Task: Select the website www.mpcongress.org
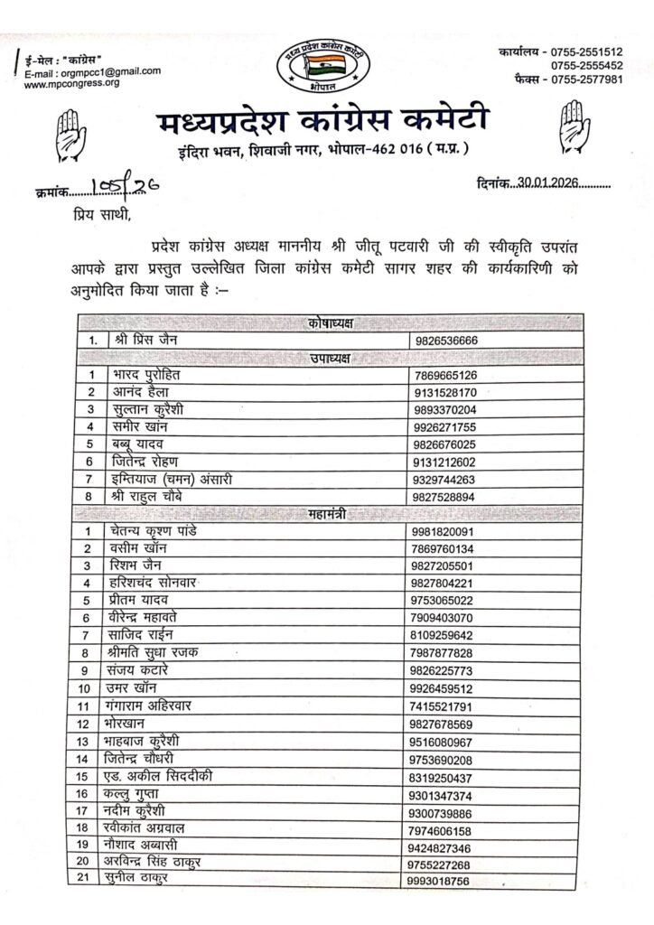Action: pos(71,83)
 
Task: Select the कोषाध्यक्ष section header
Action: pos(327,323)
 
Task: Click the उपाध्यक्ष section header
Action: pos(327,358)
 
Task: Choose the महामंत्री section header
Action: pos(327,514)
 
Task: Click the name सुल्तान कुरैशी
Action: pos(154,408)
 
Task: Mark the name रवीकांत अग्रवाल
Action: pos(159,827)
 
